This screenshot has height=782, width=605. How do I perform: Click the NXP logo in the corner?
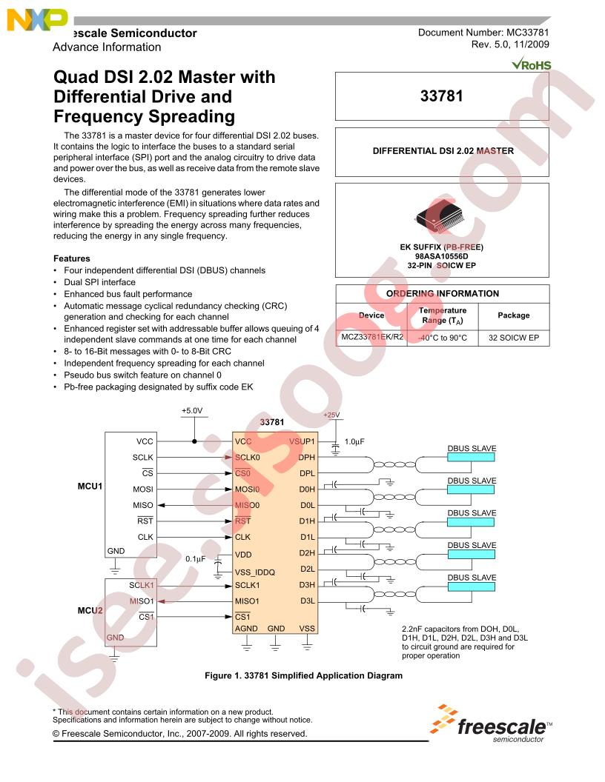[x=37, y=20]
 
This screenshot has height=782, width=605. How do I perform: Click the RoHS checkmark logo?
[x=531, y=64]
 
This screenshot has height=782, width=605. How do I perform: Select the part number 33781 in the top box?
[x=441, y=96]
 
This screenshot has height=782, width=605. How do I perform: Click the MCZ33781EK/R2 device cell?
[x=372, y=337]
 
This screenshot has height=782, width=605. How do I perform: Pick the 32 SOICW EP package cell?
[x=514, y=338]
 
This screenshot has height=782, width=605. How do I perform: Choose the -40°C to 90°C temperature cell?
[x=443, y=338]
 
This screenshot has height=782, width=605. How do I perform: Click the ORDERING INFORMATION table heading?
[x=443, y=293]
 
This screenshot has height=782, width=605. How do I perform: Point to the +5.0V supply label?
[x=192, y=410]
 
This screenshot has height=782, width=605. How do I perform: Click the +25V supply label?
[x=331, y=415]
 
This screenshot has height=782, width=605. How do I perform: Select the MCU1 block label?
[x=90, y=487]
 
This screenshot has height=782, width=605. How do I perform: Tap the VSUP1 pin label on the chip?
[x=302, y=441]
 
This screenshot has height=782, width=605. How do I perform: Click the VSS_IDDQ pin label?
[x=254, y=572]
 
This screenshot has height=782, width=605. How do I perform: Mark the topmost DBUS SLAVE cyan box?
[x=471, y=457]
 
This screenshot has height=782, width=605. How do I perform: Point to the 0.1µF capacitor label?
[x=195, y=558]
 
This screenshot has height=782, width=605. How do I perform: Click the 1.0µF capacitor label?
[x=354, y=441]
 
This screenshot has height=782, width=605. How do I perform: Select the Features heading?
[x=72, y=258]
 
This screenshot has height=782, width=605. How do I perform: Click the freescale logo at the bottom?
[x=491, y=724]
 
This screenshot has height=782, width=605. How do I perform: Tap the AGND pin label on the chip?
[x=246, y=629]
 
